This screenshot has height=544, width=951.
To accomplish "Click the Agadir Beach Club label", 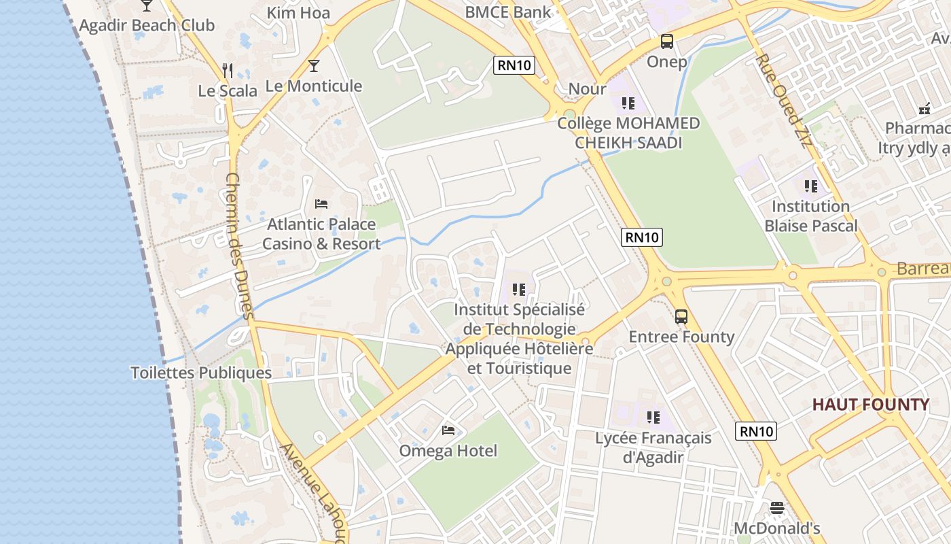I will (x=147, y=26).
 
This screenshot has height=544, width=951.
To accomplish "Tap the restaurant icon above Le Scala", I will (x=228, y=70).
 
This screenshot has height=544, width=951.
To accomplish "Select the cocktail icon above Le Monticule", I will (x=313, y=66).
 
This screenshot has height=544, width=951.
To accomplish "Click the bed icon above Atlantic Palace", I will (x=321, y=203).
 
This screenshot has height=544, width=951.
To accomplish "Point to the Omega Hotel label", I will (x=448, y=451).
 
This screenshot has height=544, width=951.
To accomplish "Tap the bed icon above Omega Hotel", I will (x=448, y=430).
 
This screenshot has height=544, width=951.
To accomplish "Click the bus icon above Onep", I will (x=667, y=41).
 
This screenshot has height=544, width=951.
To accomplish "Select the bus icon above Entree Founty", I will (x=681, y=316).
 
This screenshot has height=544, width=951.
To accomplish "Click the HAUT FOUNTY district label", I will (x=870, y=405).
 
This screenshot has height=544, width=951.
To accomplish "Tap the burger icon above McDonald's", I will (x=777, y=507).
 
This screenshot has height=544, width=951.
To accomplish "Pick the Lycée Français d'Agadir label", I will (x=653, y=447).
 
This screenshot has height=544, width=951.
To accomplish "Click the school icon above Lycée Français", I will (x=653, y=417).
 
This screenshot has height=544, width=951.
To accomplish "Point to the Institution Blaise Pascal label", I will (x=810, y=216).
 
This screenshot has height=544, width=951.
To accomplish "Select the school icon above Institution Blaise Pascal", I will (x=810, y=186).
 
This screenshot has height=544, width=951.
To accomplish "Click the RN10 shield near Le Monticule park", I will (x=514, y=65).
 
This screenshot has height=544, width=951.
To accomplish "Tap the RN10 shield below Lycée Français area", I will (x=755, y=431).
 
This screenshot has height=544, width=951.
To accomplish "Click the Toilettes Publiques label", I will (x=201, y=373).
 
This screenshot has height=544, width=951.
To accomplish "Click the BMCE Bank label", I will (x=508, y=12).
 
